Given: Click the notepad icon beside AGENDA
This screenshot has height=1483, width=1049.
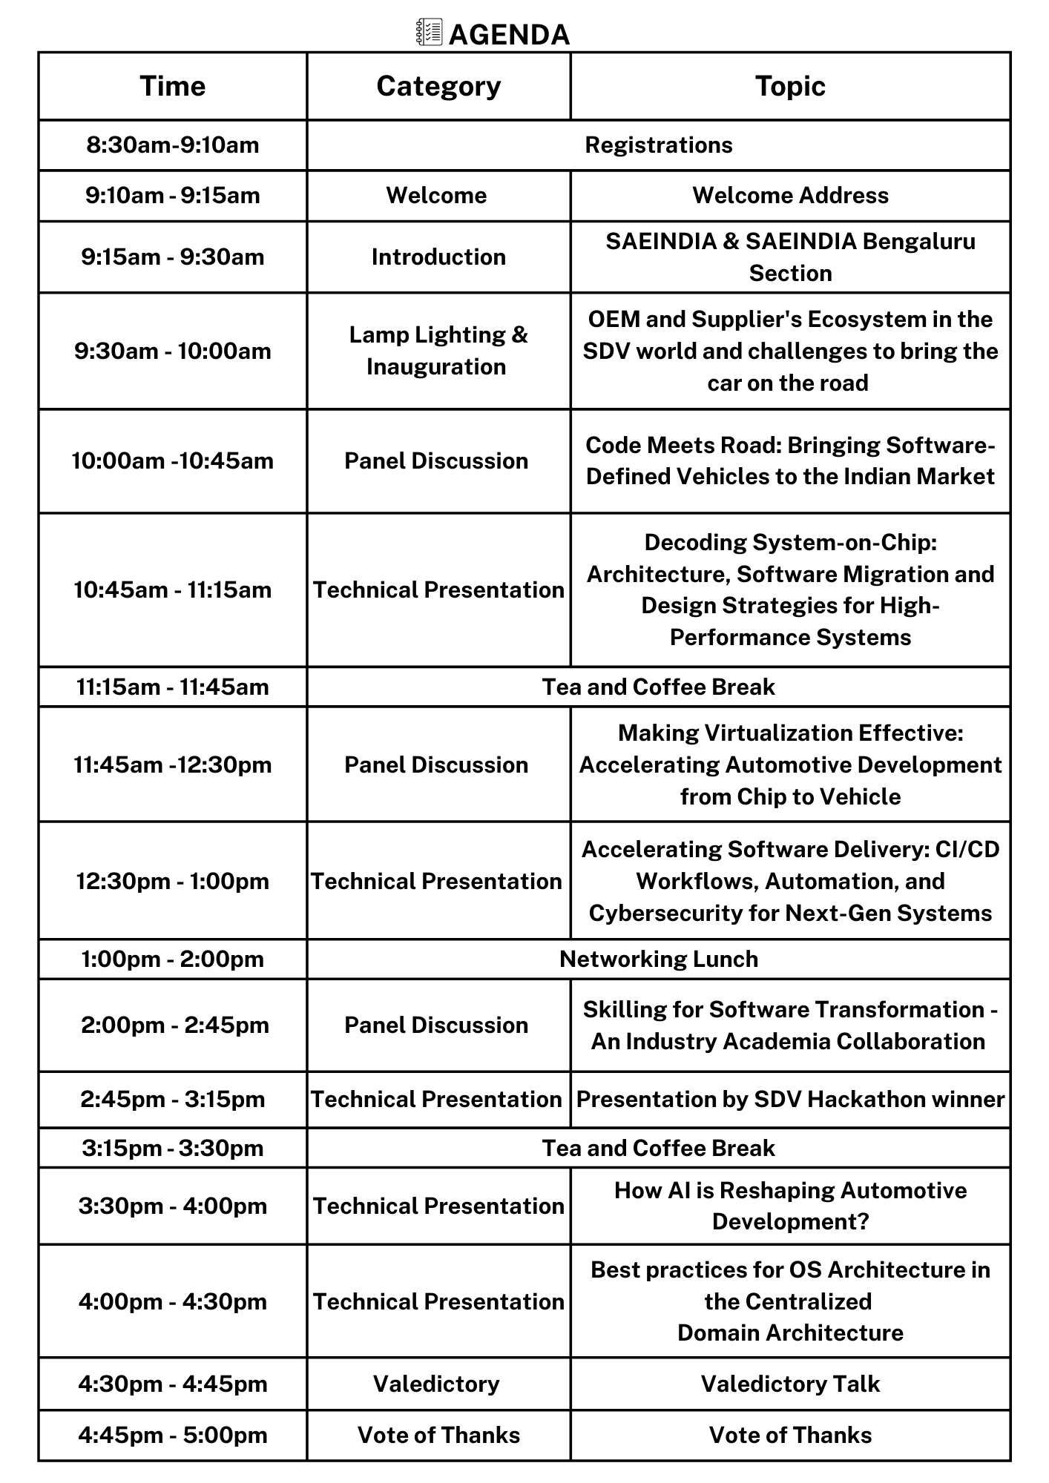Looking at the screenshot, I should tap(430, 33).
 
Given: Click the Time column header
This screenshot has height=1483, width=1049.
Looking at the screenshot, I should tap(172, 86).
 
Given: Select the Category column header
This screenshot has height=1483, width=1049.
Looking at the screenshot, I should tap(438, 86).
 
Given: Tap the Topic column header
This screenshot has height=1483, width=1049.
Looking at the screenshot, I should tap(790, 86).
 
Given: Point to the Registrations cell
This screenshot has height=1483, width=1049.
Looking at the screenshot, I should tap(658, 145).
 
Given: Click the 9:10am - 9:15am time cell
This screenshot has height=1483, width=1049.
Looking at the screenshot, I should tap(172, 196).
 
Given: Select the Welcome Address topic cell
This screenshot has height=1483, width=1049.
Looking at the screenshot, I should tap(790, 196).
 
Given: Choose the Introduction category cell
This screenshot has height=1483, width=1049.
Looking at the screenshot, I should tap(438, 257).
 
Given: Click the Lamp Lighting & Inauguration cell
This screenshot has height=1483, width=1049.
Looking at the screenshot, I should tap(438, 351).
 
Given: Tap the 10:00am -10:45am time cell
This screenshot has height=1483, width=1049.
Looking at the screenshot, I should tap(172, 461).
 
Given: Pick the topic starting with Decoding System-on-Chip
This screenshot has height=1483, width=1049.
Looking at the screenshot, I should tap(790, 589).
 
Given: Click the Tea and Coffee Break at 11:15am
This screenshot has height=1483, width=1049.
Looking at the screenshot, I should tap(658, 687).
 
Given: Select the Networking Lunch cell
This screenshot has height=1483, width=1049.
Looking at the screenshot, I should tap(658, 959).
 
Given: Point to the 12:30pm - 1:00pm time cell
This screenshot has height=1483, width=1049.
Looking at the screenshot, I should tap(172, 881).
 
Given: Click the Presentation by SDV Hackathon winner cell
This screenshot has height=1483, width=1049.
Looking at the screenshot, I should tap(790, 1099).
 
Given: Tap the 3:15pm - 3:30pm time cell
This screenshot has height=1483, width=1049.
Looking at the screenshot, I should tap(172, 1148).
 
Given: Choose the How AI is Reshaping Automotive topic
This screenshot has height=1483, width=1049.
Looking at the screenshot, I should tap(790, 1206).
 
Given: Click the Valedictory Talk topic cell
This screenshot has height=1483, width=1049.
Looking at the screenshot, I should tap(790, 1384).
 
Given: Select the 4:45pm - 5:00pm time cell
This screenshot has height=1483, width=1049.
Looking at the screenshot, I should tap(172, 1435).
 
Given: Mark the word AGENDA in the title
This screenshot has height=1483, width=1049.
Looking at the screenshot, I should tap(510, 35).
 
